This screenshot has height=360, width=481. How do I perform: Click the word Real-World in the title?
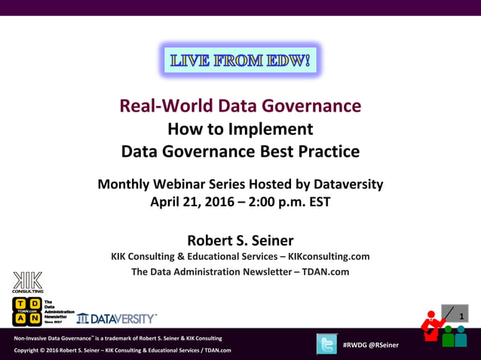coord(164,105)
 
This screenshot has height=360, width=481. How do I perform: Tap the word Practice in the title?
coord(326,151)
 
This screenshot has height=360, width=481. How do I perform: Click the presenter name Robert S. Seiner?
coord(240,240)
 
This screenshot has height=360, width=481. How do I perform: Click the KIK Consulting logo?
coord(27,282)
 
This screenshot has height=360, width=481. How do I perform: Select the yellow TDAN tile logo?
coord(27,311)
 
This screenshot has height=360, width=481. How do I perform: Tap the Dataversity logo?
coord(117,319)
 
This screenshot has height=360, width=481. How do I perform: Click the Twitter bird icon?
coord(326,343)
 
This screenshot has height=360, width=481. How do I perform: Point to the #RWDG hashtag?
coord(357,345)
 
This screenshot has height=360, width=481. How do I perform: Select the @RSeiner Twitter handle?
coord(386,345)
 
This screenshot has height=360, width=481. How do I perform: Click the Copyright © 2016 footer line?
coord(122,350)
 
